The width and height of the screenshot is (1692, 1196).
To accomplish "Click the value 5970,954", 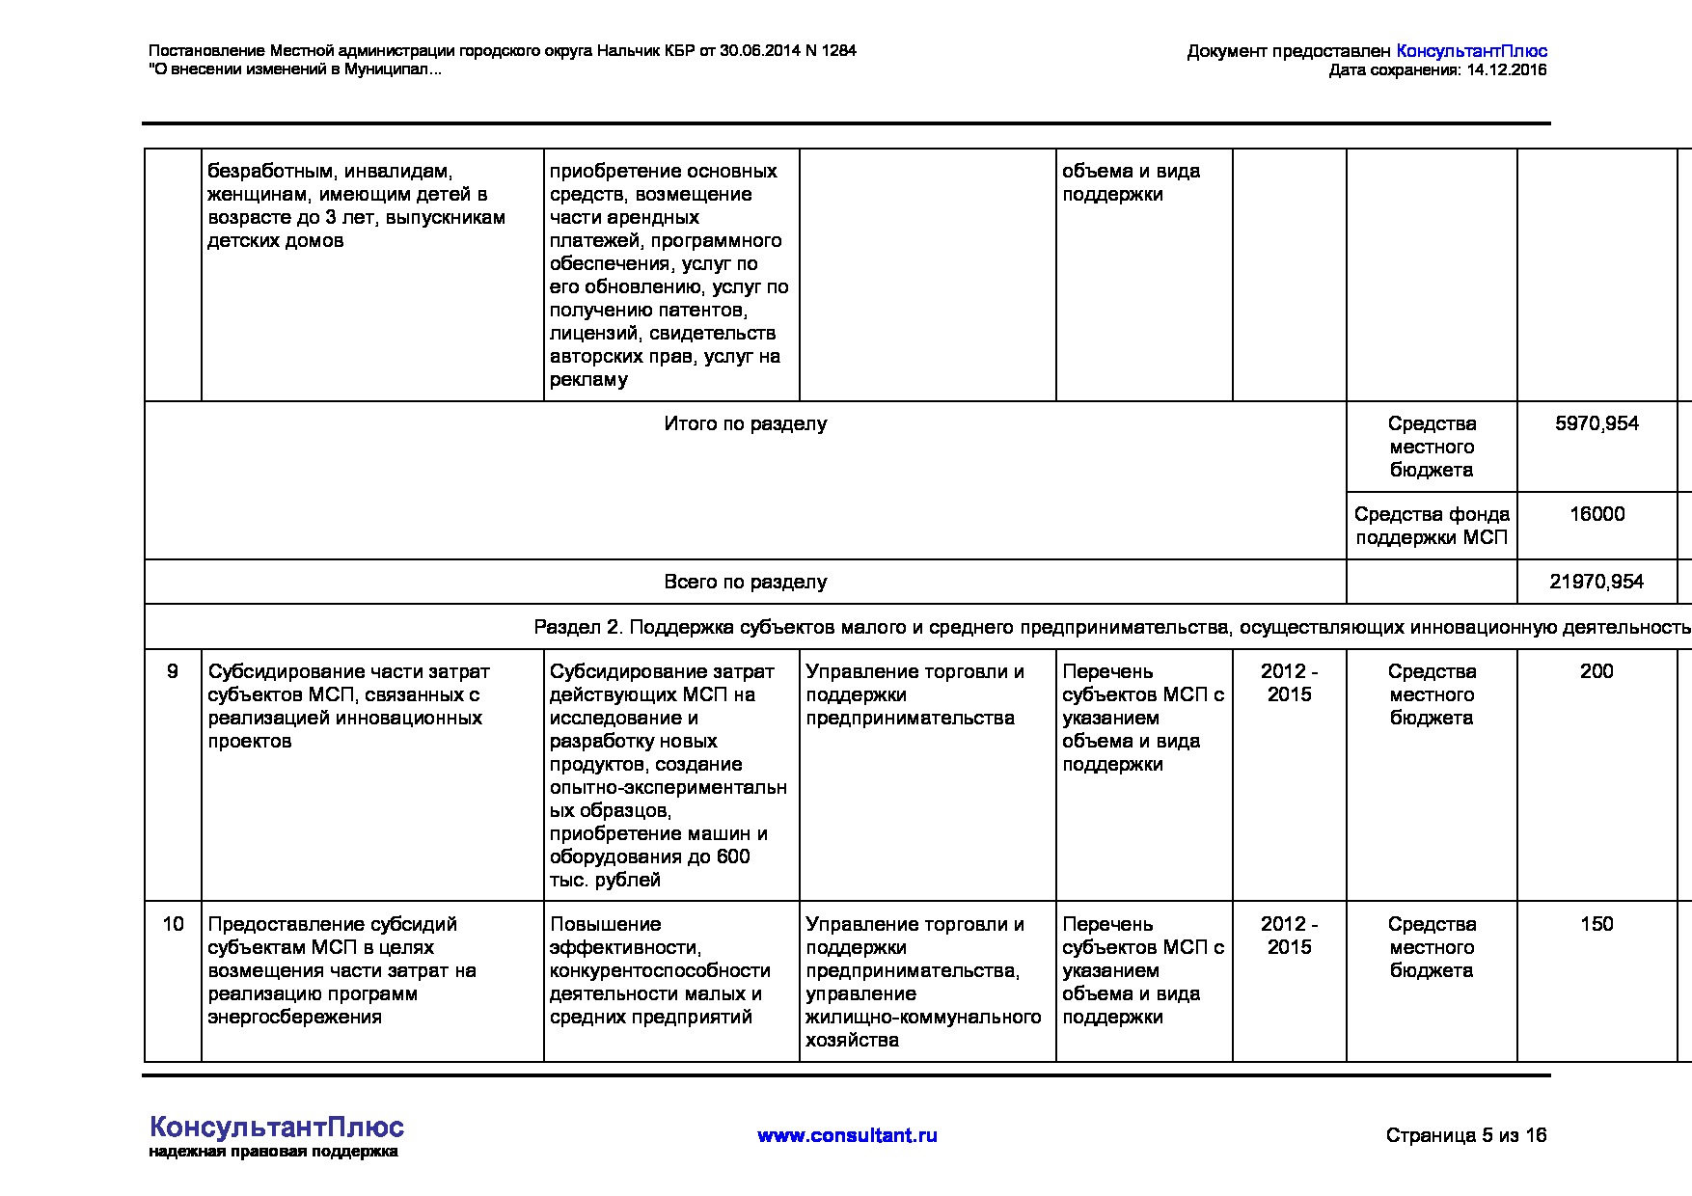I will tap(1596, 423).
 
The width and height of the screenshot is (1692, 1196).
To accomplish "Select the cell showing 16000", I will tap(1596, 514).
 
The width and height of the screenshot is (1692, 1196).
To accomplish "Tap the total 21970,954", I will tap(1596, 582).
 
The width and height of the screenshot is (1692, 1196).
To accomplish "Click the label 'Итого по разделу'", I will tap(745, 423).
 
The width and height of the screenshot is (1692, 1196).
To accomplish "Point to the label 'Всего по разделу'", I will tap(745, 582).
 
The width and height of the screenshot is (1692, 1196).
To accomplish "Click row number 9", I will tap(173, 671).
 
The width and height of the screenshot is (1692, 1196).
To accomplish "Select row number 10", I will tap(173, 924).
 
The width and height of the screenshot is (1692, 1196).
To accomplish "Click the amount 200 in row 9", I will tap(1596, 671).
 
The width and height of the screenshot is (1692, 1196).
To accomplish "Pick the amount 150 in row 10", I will tap(1596, 924).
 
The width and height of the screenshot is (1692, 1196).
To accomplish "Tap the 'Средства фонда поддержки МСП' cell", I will tap(1432, 526).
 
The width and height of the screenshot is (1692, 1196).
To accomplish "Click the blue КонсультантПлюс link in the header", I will tap(1471, 51).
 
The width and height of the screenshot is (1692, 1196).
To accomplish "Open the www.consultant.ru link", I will tap(847, 1135).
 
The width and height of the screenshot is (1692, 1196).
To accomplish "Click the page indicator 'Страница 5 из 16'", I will tap(1465, 1135).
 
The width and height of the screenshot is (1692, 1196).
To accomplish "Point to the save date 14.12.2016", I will tap(1506, 69).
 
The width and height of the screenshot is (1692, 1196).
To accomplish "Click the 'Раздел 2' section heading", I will tap(1109, 627).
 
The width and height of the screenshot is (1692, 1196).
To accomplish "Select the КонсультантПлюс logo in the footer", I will tap(277, 1127).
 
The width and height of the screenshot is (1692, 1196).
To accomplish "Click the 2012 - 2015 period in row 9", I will tap(1289, 683).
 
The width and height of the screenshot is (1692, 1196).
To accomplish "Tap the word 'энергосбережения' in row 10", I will tap(295, 1017).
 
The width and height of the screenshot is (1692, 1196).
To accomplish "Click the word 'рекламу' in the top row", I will tap(588, 379).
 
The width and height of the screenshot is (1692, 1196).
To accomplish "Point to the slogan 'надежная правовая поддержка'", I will tap(273, 1152).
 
